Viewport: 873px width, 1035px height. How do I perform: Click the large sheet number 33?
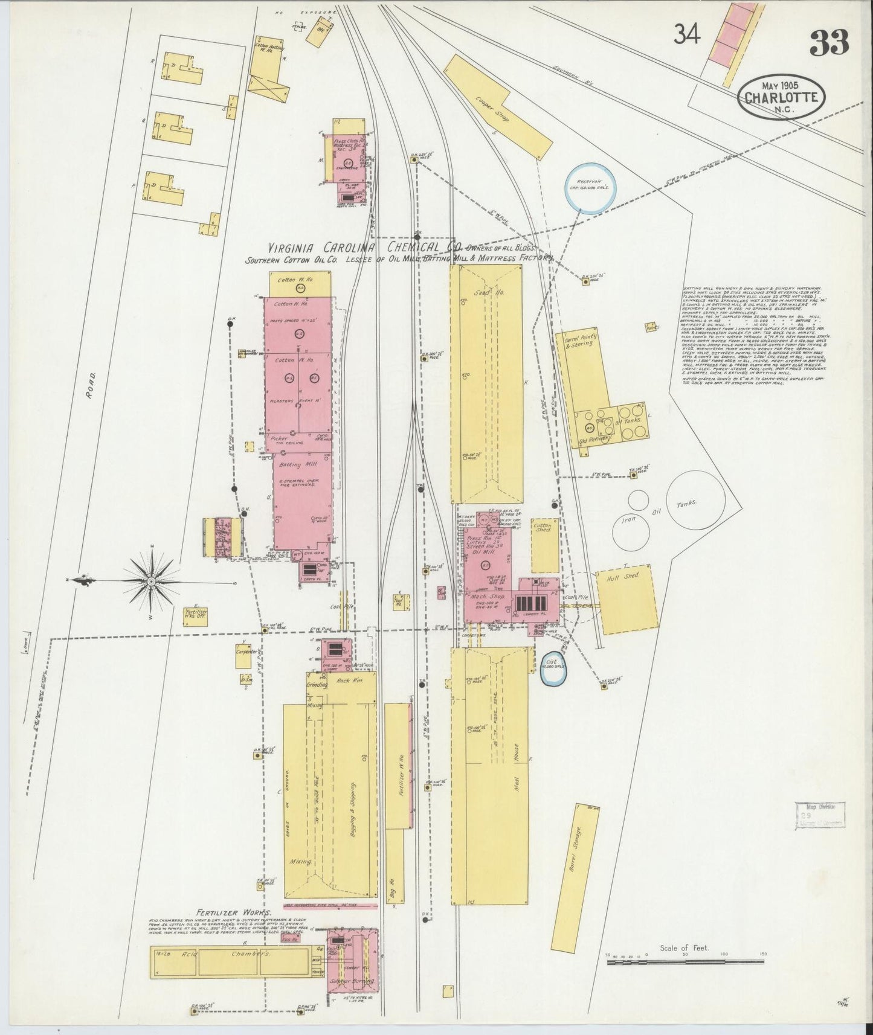tap(830, 42)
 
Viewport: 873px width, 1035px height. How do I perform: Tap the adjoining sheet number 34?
tap(688, 36)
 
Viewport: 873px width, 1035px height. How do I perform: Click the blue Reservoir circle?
tap(590, 187)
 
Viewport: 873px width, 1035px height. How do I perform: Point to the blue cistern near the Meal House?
tap(555, 668)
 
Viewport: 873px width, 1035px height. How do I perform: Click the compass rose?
tap(150, 581)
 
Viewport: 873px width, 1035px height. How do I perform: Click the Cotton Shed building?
tap(544, 545)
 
